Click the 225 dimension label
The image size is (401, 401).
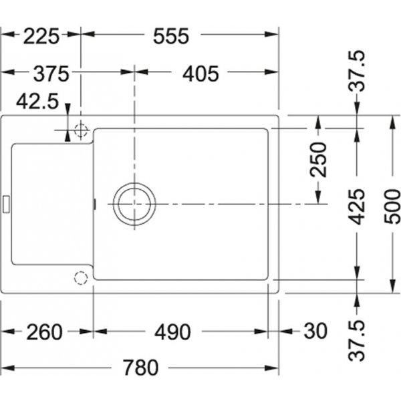click(41, 36)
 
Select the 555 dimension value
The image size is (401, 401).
click(171, 36)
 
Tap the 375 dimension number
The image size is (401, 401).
click(51, 74)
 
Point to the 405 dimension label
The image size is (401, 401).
click(200, 74)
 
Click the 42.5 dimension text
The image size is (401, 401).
click(37, 102)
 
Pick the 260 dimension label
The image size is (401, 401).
click(45, 332)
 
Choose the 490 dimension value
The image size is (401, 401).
click(172, 332)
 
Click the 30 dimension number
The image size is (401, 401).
click(315, 331)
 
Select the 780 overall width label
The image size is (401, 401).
click(140, 367)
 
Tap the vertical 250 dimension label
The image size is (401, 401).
click(318, 160)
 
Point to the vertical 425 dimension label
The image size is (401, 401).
click(357, 207)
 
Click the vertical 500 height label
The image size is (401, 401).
click(392, 207)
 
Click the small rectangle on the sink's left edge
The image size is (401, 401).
click(6, 204)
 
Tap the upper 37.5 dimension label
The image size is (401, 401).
click(357, 72)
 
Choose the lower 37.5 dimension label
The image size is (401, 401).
click(357, 340)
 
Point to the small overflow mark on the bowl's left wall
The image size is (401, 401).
click(95, 204)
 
